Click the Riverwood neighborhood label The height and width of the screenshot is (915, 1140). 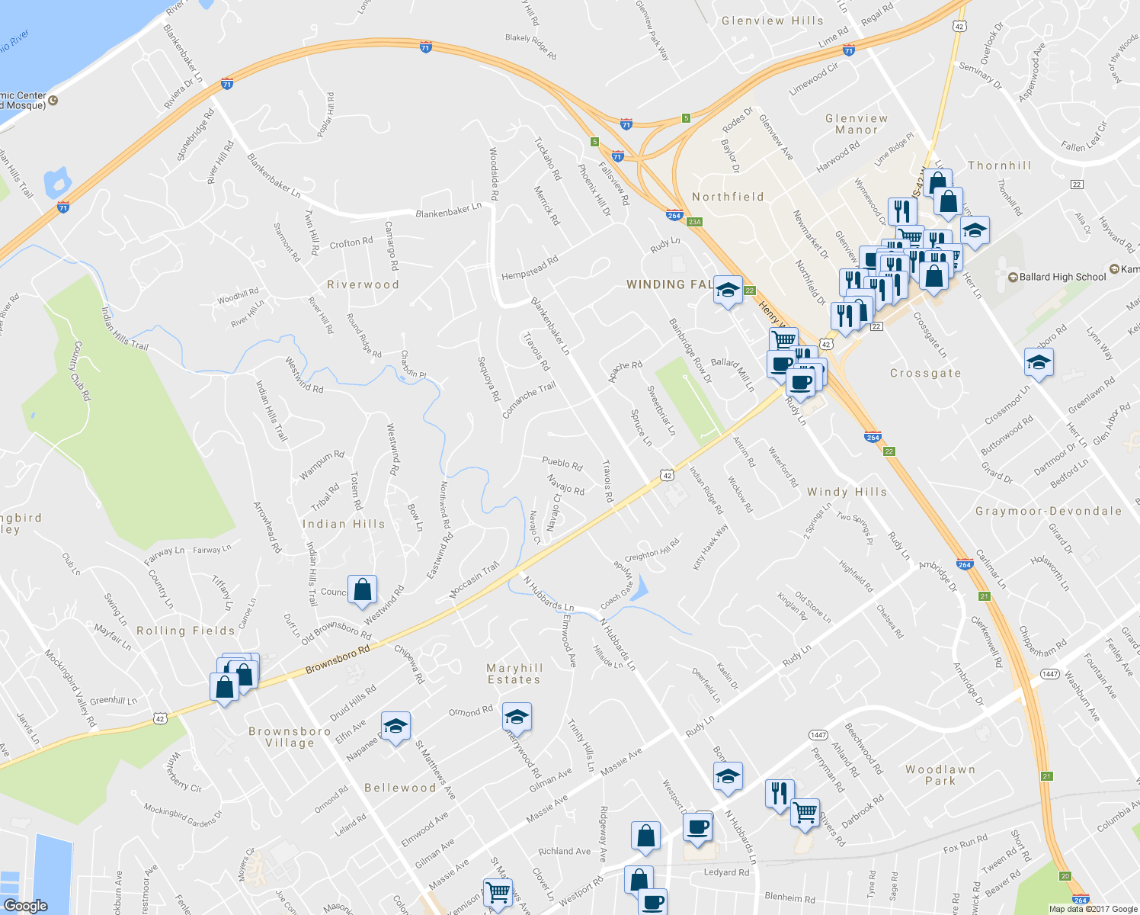tap(363, 284)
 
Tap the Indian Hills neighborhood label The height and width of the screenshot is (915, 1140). tap(344, 524)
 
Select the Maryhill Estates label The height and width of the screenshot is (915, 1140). tap(514, 674)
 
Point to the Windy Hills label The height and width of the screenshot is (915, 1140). tap(847, 493)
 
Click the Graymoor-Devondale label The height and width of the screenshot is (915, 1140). tap(1049, 511)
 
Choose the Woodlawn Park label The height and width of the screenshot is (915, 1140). tap(940, 775)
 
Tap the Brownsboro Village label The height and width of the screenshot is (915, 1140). tap(290, 737)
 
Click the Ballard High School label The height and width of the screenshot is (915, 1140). tap(1062, 277)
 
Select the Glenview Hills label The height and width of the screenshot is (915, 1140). tap(772, 21)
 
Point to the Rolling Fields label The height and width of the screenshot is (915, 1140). tap(186, 631)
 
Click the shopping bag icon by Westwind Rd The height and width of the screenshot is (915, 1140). tap(363, 589)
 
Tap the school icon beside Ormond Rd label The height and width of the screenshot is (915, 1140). tap(517, 718)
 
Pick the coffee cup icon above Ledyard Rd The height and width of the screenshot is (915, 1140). tap(698, 827)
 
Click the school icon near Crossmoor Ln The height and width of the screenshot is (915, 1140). tap(1039, 362)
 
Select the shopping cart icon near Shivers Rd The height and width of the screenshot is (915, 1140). tap(805, 813)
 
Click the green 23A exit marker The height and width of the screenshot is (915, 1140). tap(693, 222)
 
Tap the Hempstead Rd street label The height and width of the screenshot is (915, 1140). tap(530, 268)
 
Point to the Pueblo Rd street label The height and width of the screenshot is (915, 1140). tap(562, 463)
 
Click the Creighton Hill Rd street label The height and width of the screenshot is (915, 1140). tap(652, 551)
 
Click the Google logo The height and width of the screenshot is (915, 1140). tap(25, 906)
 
